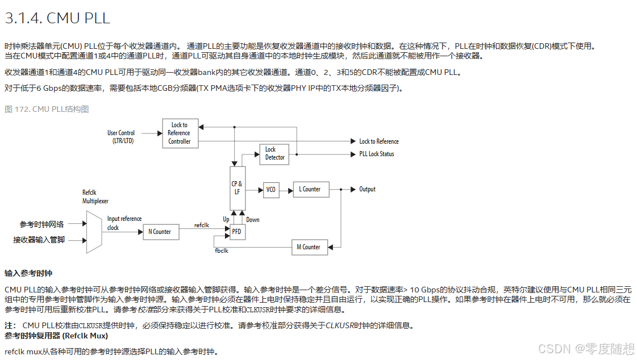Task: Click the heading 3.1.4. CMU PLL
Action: click(57, 18)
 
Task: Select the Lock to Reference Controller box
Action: click(180, 133)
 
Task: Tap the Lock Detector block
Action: click(275, 153)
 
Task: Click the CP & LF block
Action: click(237, 187)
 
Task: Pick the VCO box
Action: click(270, 190)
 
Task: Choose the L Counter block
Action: click(310, 190)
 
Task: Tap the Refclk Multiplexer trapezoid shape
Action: click(94, 231)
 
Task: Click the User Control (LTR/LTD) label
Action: click(121, 137)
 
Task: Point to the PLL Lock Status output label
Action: click(376, 154)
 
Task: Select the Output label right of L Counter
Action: click(367, 189)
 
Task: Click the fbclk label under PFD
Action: click(221, 250)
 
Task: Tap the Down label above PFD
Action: click(253, 220)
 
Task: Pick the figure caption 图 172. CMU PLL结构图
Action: click(47, 109)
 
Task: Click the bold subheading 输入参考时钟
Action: click(28, 273)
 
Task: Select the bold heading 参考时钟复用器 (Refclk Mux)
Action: click(56, 336)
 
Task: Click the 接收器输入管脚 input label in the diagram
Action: click(39, 240)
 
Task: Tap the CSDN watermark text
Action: click(586, 348)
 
